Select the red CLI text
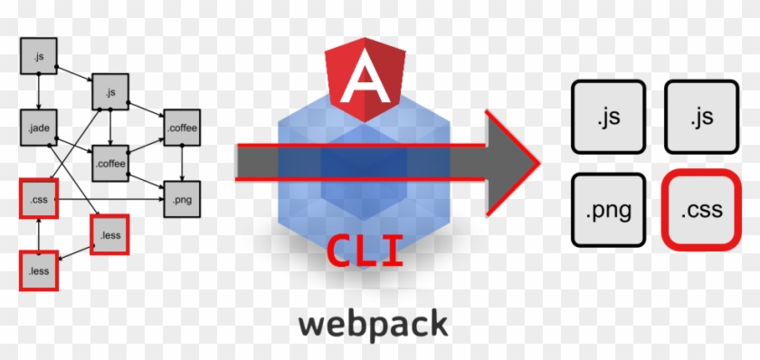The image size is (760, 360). (x=366, y=251)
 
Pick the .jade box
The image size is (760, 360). (x=39, y=128)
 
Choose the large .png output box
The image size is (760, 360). (x=608, y=212)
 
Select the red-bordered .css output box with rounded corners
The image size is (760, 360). (x=701, y=212)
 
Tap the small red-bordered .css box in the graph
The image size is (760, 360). (x=39, y=198)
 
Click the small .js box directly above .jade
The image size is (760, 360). (x=39, y=56)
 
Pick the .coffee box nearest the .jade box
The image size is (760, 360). (x=110, y=163)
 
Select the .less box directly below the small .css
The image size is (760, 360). (x=39, y=270)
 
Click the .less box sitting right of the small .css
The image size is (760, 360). (x=110, y=234)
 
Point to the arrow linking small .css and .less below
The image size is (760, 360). (x=39, y=233)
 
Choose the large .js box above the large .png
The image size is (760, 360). (x=608, y=116)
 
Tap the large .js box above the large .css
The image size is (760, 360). (x=701, y=116)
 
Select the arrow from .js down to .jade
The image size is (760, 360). (x=39, y=91)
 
